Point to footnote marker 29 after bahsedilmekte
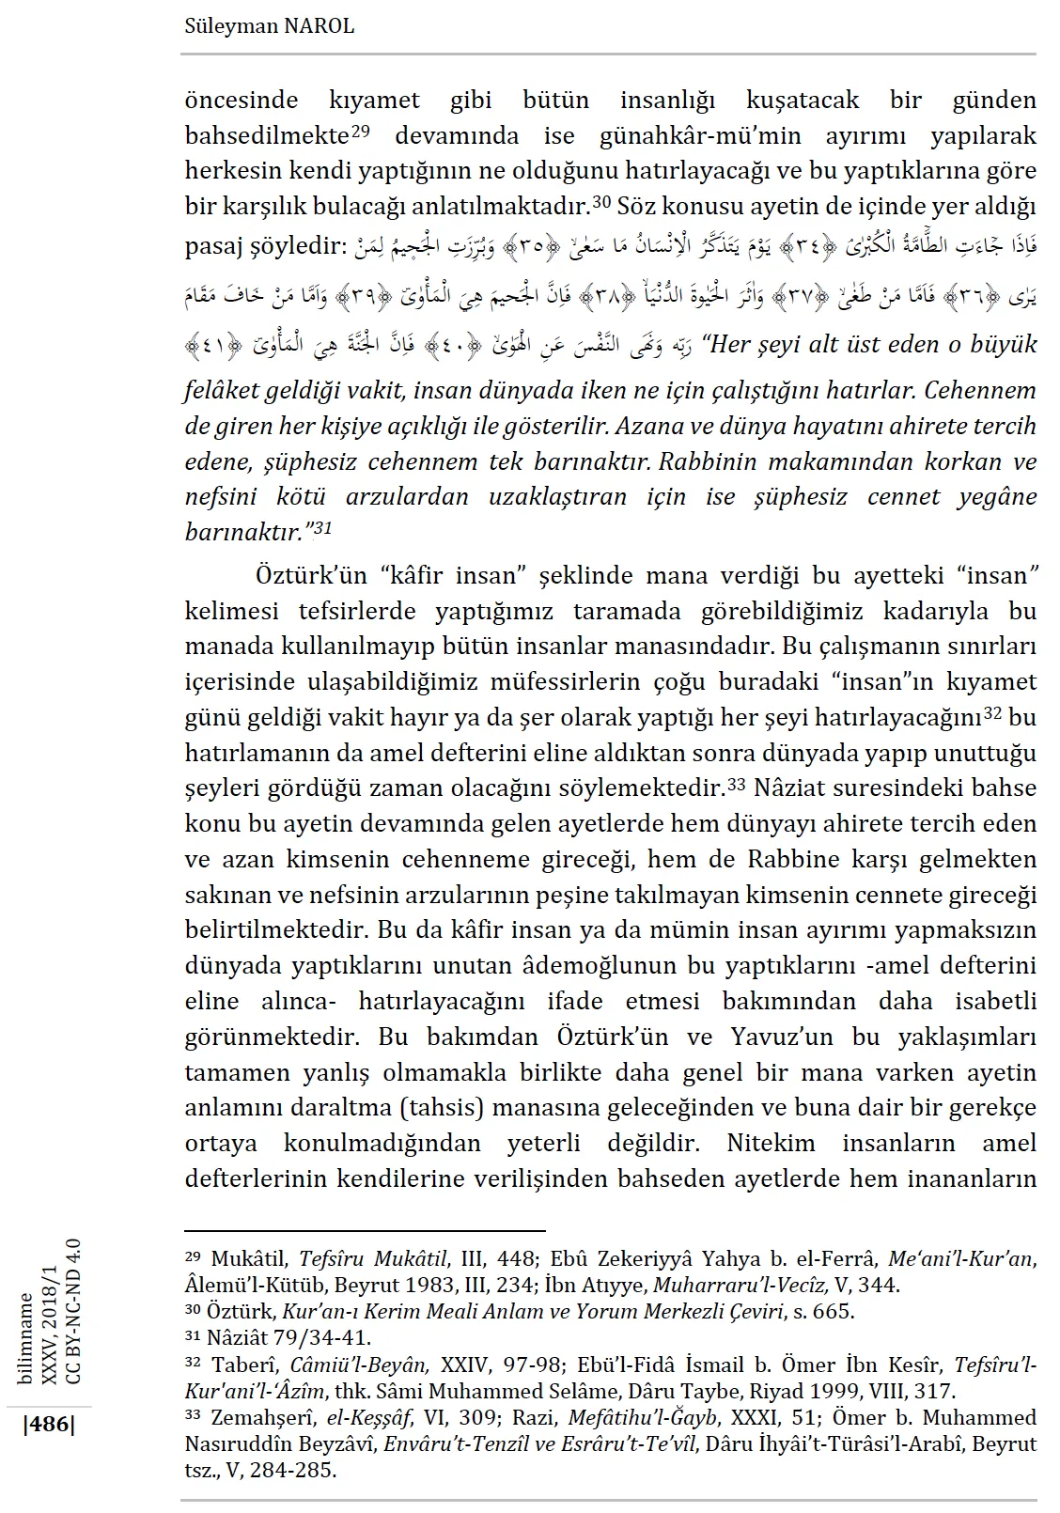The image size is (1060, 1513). (x=362, y=130)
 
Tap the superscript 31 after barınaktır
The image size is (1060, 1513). (x=323, y=528)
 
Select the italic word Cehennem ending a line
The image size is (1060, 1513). (x=988, y=390)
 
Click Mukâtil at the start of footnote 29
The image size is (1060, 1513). (x=246, y=1258)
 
